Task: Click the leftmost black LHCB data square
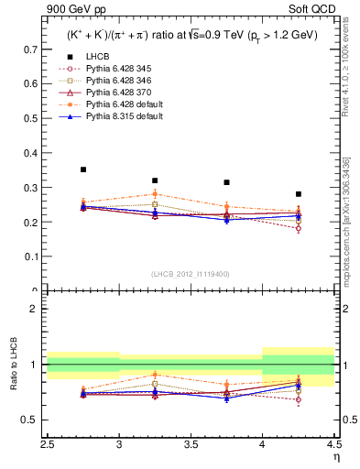pos(83,169)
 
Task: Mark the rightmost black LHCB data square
pos(299,194)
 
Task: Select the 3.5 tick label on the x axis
pos(191,443)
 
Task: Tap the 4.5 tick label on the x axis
pos(333,443)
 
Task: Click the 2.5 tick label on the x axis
pos(48,443)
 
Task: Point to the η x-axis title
pos(335,456)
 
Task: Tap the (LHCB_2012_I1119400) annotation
pos(190,274)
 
